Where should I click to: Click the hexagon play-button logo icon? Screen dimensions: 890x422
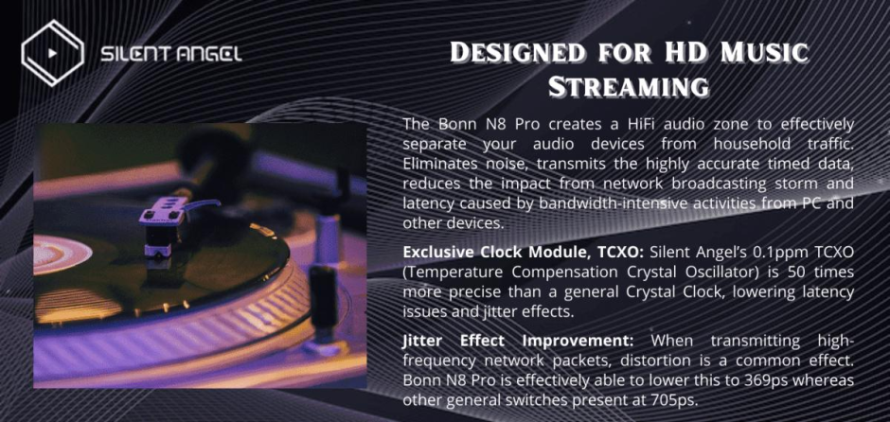pyautogui.click(x=53, y=52)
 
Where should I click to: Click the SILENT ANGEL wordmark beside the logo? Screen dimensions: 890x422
pyautogui.click(x=170, y=54)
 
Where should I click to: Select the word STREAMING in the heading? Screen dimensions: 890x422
pyautogui.click(x=629, y=88)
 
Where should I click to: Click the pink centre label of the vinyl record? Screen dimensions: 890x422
pyautogui.click(x=61, y=253)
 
